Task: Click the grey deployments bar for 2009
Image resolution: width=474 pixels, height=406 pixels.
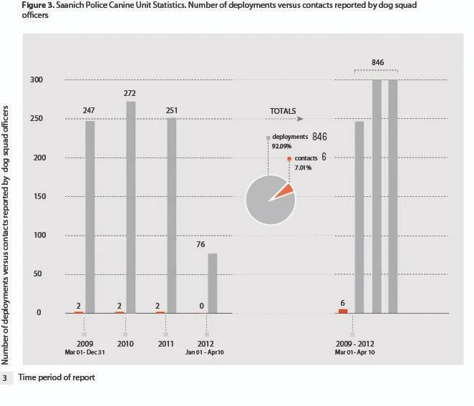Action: point(90,216)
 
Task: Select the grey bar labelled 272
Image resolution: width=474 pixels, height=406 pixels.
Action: point(130,207)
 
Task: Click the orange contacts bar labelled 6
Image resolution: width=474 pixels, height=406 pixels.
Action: point(343,311)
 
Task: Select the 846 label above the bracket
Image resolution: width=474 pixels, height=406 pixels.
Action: point(377,63)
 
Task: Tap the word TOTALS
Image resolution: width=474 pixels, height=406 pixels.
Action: point(284,112)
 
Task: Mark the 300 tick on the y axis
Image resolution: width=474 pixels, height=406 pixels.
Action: point(35,79)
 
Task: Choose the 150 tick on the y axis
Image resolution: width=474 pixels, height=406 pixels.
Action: point(35,196)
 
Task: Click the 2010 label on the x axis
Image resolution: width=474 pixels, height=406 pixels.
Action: point(125,344)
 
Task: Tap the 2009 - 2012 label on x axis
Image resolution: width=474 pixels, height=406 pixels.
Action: point(352,344)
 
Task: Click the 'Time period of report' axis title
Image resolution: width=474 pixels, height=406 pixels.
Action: point(57,377)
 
